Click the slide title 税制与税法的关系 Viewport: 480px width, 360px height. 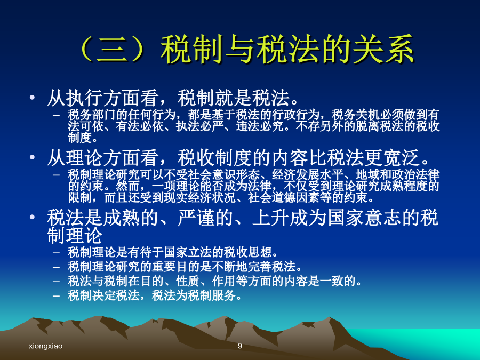287,50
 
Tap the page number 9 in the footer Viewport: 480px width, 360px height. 239,346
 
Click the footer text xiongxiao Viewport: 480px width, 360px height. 46,346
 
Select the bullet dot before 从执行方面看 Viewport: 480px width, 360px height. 33,98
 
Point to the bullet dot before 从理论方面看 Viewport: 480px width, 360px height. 33,157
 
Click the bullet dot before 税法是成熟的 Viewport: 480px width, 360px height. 33,217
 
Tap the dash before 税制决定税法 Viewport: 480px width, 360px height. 56,295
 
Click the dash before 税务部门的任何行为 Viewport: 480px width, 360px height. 56,115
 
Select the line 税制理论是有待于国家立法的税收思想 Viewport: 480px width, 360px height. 173,252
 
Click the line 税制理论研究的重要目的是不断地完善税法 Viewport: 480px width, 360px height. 185,267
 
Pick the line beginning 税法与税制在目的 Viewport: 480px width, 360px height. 215,281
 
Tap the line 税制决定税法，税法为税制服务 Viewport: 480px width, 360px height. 155,295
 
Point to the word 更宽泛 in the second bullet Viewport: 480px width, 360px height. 392,158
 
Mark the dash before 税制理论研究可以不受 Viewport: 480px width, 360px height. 56,175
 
